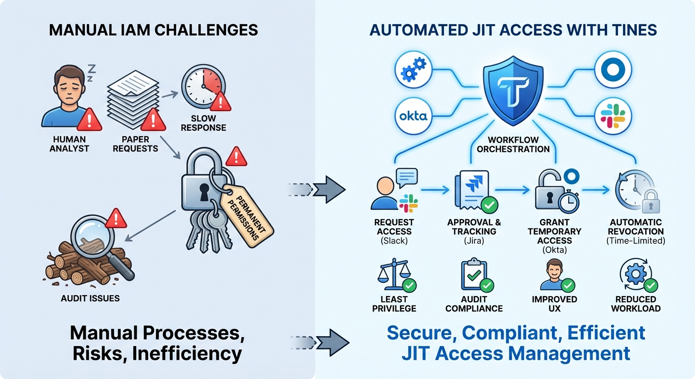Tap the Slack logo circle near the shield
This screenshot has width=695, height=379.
613,116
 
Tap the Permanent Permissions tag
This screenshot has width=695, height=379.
247,213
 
